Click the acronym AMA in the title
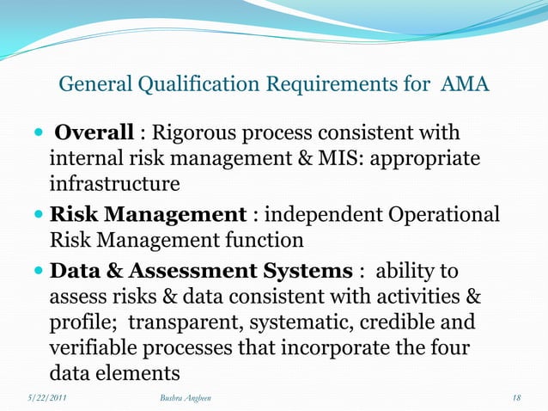point(466,84)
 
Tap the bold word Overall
point(94,133)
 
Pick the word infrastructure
point(114,185)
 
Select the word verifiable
point(92,348)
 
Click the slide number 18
point(515,398)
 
